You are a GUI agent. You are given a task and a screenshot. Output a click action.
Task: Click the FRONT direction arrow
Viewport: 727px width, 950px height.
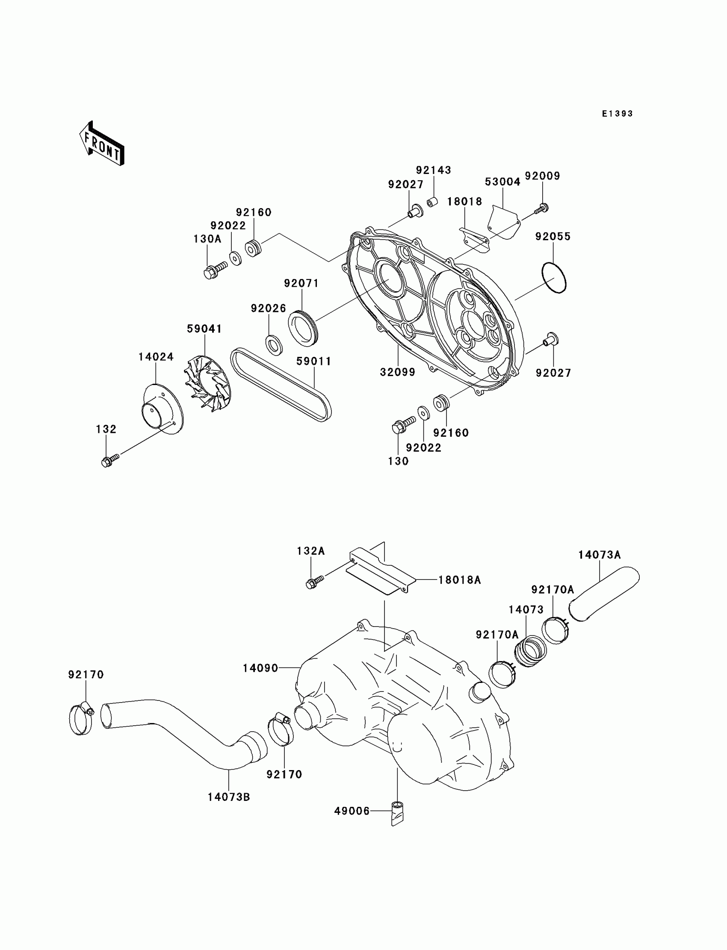point(102,144)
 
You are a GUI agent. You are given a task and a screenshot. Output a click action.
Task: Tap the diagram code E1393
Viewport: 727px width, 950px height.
point(617,114)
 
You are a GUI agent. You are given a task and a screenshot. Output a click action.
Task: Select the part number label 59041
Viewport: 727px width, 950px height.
point(204,329)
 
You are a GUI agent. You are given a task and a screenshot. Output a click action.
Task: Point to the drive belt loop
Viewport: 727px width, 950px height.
point(281,385)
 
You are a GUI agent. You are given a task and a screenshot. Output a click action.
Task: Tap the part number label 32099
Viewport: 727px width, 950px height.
point(398,372)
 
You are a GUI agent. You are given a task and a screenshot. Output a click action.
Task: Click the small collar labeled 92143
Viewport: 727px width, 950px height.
point(432,203)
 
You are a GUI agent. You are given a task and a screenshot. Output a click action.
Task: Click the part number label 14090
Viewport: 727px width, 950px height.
point(260,668)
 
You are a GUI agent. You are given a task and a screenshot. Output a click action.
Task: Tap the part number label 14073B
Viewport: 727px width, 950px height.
point(228,797)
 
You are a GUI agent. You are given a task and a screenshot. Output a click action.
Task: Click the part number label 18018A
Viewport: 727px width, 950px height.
point(460,580)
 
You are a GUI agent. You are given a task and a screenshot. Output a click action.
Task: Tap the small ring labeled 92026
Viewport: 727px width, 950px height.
point(274,344)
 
